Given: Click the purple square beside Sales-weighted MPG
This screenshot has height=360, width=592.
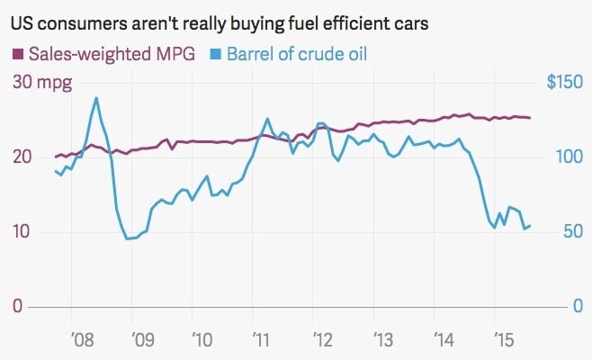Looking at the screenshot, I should (17, 55).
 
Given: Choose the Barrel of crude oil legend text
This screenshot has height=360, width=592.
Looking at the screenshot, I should (296, 55).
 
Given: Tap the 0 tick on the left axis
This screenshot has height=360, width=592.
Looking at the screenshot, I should (17, 307).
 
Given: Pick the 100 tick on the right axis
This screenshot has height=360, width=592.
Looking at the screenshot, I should (568, 157).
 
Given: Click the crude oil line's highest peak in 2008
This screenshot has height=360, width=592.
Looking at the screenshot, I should (96, 97).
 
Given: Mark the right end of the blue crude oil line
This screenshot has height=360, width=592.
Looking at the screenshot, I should (530, 225).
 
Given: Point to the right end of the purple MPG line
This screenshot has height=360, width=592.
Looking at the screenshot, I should (530, 118).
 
